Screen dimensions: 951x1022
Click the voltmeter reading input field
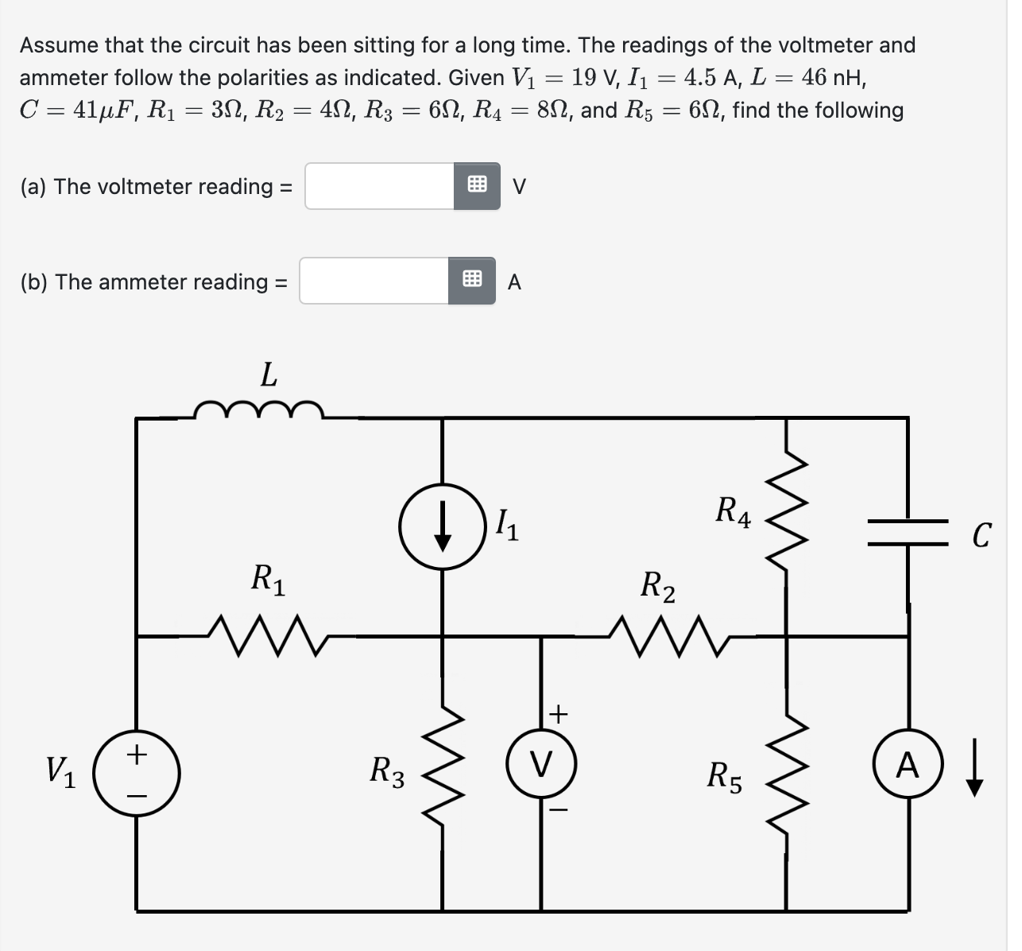point(379,186)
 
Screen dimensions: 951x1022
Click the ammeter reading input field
point(374,281)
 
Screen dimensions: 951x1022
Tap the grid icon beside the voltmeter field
point(477,186)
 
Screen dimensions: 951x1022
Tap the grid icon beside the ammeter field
point(471,281)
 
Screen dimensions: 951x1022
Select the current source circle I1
point(442,526)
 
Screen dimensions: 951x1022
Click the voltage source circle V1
point(137,772)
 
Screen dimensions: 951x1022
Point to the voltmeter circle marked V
point(542,766)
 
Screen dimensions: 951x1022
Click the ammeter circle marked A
point(908,766)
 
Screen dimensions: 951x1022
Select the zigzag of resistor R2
point(668,635)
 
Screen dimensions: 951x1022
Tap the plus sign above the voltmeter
point(558,713)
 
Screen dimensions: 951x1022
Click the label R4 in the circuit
point(733,510)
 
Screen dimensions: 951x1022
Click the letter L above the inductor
point(269,375)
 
